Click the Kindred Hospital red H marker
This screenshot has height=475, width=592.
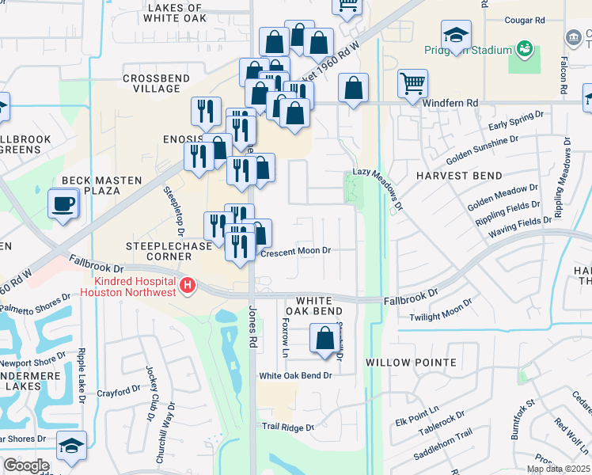188,286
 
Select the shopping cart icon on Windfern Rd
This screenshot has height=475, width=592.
412,83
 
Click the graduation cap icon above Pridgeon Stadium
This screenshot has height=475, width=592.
456,35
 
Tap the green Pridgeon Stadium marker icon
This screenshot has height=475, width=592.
523,50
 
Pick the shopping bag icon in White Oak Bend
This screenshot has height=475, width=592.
324,339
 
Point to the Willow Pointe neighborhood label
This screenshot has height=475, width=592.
411,363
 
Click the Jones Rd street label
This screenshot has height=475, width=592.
253,329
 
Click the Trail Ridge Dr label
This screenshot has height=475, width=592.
288,427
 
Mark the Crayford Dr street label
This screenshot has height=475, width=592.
118,392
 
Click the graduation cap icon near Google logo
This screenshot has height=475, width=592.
71,448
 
